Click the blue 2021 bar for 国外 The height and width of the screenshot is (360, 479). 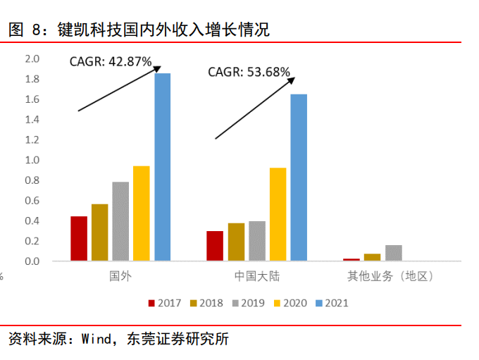163,167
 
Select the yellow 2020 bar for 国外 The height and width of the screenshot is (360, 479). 142,213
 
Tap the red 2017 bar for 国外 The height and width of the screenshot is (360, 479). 79,239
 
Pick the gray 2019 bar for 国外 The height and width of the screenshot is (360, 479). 120,221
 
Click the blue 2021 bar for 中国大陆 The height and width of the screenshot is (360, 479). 299,178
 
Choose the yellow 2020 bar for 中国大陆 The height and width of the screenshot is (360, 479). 278,214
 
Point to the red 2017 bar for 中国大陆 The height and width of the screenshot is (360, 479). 215,246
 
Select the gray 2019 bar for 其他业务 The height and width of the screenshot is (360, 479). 394,253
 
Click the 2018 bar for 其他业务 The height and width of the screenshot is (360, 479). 372,257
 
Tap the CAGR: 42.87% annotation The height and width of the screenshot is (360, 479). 111,61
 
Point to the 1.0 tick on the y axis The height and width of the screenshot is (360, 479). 33,160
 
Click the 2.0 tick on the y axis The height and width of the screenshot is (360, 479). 33,58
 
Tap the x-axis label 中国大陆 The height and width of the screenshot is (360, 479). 256,276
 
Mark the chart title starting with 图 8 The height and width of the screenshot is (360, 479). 139,30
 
